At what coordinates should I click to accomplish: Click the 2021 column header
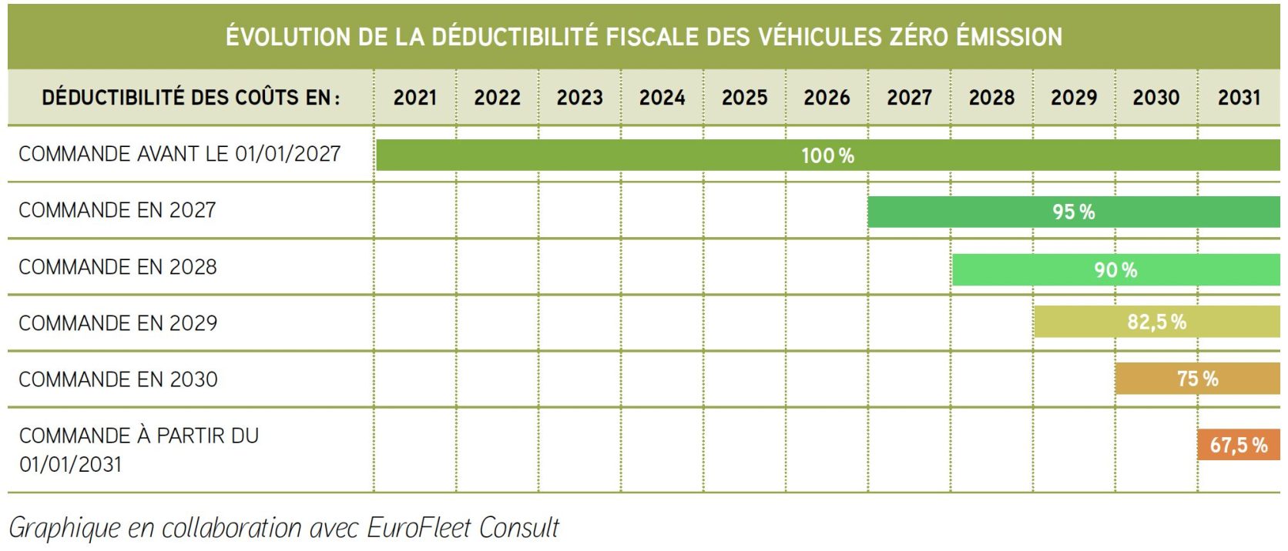point(414,98)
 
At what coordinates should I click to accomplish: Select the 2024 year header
point(662,98)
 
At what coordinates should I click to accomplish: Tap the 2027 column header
point(909,98)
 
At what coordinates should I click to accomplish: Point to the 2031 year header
point(1239,98)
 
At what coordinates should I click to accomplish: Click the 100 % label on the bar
point(827,155)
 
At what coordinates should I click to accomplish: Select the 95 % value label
point(1073,212)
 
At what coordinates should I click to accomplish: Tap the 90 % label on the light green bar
point(1115,270)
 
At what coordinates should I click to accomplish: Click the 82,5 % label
point(1156,322)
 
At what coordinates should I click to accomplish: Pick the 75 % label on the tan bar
point(1197,379)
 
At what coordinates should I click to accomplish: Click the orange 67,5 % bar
point(1238,445)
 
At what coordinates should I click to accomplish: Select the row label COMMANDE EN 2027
point(117,210)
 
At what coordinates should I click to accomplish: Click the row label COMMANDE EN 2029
point(118,323)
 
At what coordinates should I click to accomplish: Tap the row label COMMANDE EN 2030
point(118,379)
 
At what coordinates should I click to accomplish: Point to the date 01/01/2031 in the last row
point(70,465)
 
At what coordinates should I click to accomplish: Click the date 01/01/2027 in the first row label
point(287,154)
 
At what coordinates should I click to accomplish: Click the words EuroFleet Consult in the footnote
point(462,528)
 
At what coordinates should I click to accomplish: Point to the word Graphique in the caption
point(64,529)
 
